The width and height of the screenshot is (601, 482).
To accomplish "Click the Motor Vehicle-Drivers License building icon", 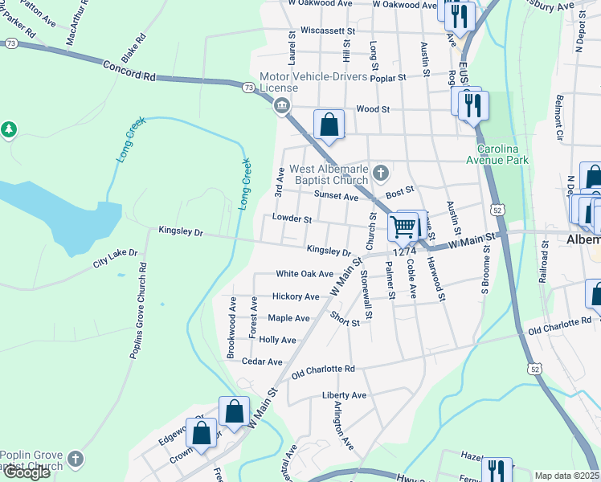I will point(281,104).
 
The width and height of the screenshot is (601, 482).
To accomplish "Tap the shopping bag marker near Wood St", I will point(329,125).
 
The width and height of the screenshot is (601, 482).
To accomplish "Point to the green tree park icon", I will point(8,129).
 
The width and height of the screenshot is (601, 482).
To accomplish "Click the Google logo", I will point(27,472).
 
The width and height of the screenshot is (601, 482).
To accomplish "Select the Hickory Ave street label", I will point(296,296).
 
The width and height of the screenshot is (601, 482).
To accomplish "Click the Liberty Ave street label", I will point(344,395).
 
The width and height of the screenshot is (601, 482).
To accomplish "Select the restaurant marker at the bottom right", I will point(497,470).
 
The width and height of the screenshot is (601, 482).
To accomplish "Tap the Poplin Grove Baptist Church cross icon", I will point(75,459).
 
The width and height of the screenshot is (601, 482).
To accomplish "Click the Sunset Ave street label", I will point(336,196).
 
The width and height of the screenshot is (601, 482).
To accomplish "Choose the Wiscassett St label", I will point(327,31).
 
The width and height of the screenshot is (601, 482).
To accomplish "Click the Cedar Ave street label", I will point(262,361).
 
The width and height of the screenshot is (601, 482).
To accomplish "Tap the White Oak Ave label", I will point(304,274).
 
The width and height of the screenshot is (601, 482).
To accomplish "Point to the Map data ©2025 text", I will point(566,476).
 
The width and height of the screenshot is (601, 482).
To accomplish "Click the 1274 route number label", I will point(403,251).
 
